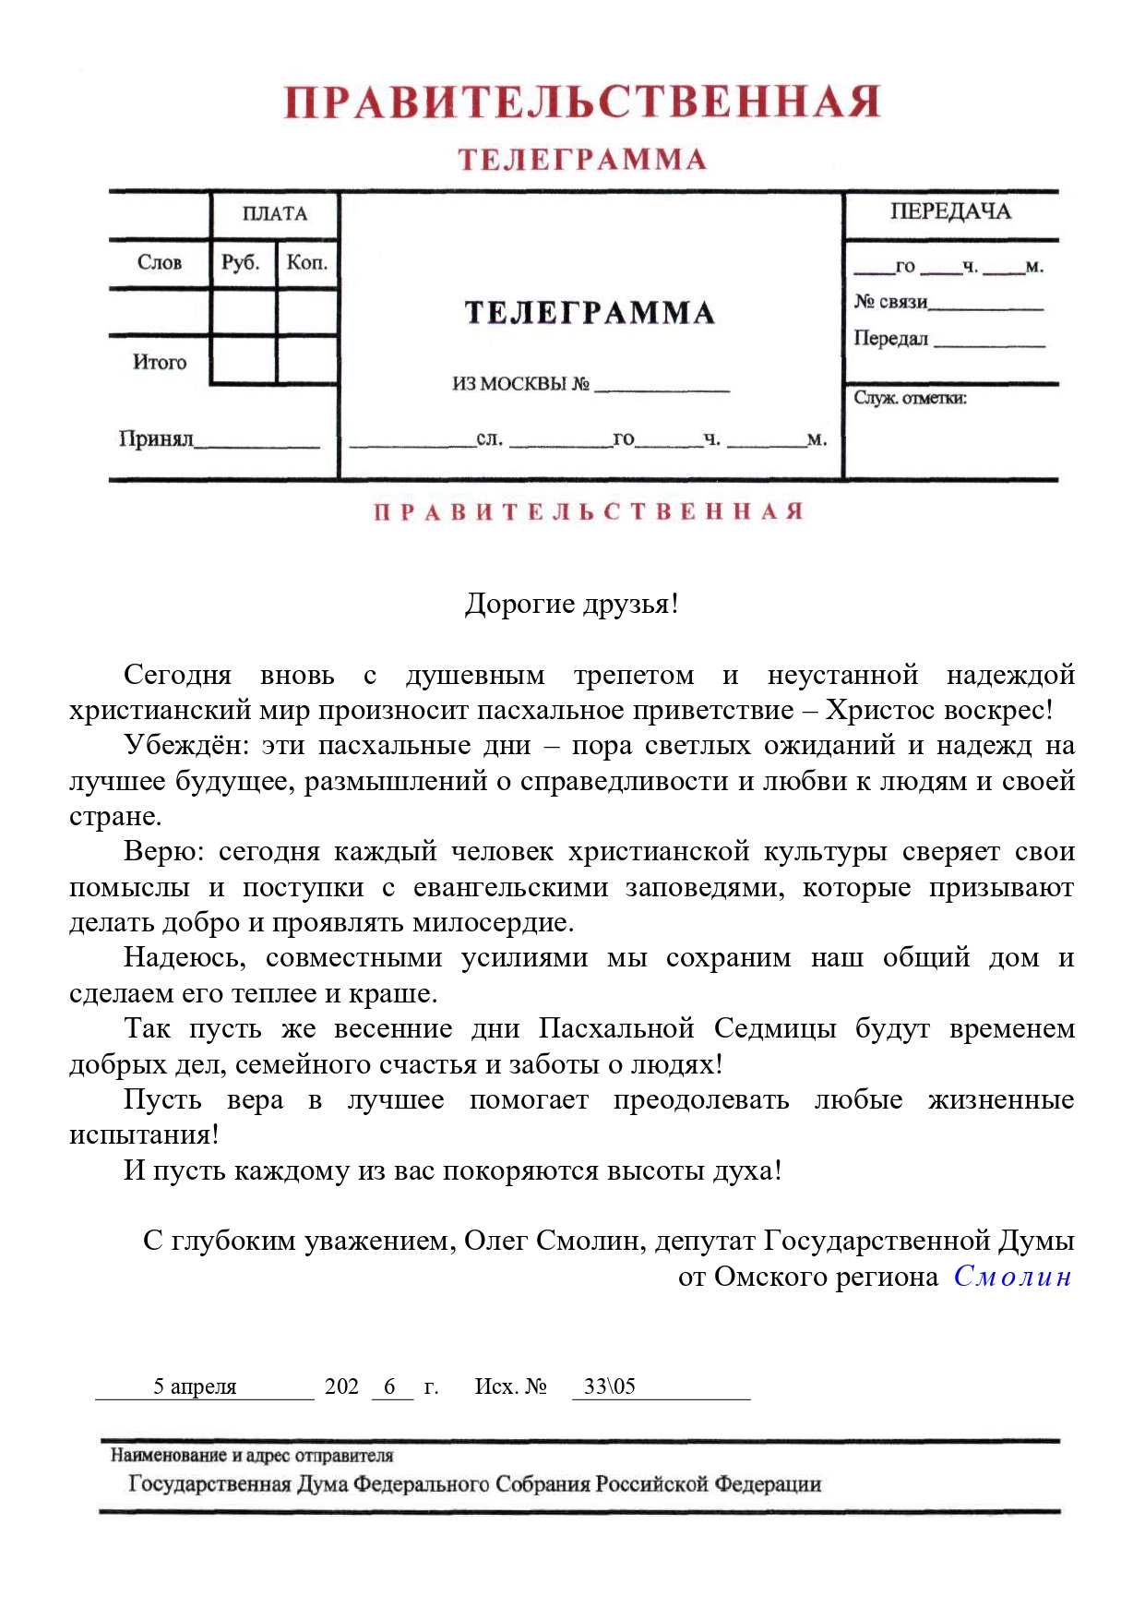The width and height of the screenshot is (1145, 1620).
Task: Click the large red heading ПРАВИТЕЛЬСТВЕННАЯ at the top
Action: coord(581,102)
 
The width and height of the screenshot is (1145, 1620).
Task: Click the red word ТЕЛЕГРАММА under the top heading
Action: coord(582,160)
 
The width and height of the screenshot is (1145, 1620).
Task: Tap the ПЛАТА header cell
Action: coord(274,214)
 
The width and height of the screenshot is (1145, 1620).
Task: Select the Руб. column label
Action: coord(241,263)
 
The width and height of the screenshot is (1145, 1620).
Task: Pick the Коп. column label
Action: coord(306,263)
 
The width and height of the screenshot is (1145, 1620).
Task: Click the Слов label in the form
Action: coord(159,263)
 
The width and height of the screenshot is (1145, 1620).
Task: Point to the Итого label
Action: coord(159,362)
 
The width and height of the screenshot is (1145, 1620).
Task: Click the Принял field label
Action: coord(156,438)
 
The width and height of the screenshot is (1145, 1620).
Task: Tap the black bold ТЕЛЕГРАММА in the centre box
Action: coord(590,313)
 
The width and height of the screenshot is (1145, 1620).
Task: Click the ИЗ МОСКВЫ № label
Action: coord(520,384)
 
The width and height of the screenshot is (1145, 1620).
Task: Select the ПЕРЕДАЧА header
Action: coord(950,212)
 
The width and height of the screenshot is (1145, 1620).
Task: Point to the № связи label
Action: coord(890,302)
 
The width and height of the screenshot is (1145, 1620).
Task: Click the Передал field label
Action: coord(890,339)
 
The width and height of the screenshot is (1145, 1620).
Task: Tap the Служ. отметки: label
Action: coord(910,398)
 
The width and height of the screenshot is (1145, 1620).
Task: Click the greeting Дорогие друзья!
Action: coord(571,604)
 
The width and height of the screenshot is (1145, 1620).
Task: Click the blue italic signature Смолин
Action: coord(1012,1277)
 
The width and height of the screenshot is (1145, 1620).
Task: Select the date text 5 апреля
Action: coord(195,1386)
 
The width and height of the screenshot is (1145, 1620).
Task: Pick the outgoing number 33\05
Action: coord(610,1386)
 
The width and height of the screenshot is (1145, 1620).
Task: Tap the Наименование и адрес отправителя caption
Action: coord(252,1456)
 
